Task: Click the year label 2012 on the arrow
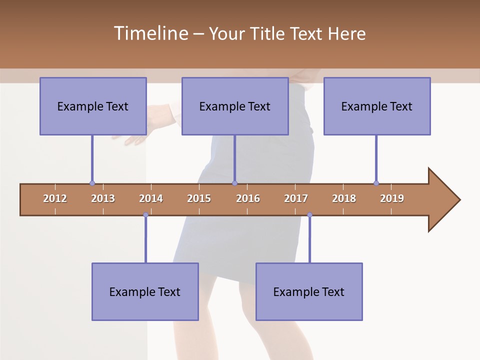click(x=55, y=198)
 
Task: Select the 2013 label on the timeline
click(x=103, y=198)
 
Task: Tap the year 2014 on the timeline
click(x=151, y=198)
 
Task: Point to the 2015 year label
click(x=199, y=198)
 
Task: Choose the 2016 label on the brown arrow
click(x=248, y=198)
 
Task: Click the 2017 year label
click(x=296, y=198)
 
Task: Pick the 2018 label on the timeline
click(x=344, y=198)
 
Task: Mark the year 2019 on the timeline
click(x=392, y=198)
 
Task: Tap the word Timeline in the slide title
click(x=150, y=33)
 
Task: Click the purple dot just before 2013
click(x=92, y=183)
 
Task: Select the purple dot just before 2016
click(x=234, y=183)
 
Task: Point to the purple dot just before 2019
click(x=376, y=183)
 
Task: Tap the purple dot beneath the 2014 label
click(x=145, y=215)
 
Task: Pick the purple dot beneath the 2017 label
click(x=309, y=215)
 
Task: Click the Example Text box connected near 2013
click(x=93, y=106)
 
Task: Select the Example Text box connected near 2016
click(x=235, y=106)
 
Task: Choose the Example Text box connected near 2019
click(x=377, y=106)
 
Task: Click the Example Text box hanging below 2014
click(x=145, y=292)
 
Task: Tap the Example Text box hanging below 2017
click(x=309, y=292)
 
